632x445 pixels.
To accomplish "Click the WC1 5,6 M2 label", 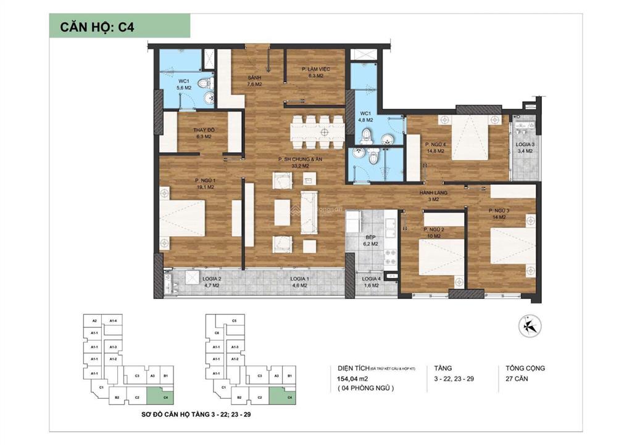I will (184, 85).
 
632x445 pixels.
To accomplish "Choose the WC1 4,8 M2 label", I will (366, 117).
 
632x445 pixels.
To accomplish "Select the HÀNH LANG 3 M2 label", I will (434, 196).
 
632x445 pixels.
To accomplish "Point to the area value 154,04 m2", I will (352, 379).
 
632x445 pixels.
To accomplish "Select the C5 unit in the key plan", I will (234, 321).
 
